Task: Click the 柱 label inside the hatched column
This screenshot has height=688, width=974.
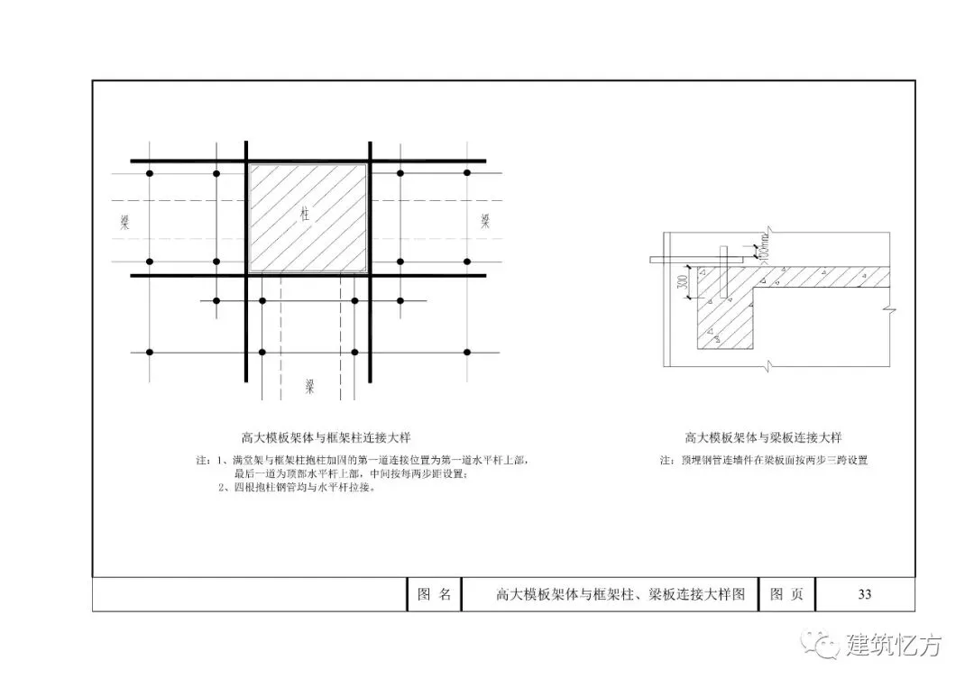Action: click(x=308, y=214)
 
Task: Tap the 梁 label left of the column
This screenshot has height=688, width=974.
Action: click(x=124, y=222)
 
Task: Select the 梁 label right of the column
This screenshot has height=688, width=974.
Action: click(x=486, y=221)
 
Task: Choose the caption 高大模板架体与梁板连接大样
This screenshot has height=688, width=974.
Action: click(x=763, y=438)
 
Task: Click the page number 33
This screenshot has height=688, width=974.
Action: click(x=864, y=594)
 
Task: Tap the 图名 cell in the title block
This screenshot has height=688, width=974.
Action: click(x=434, y=594)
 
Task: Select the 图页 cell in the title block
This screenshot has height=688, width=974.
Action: click(x=786, y=594)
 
